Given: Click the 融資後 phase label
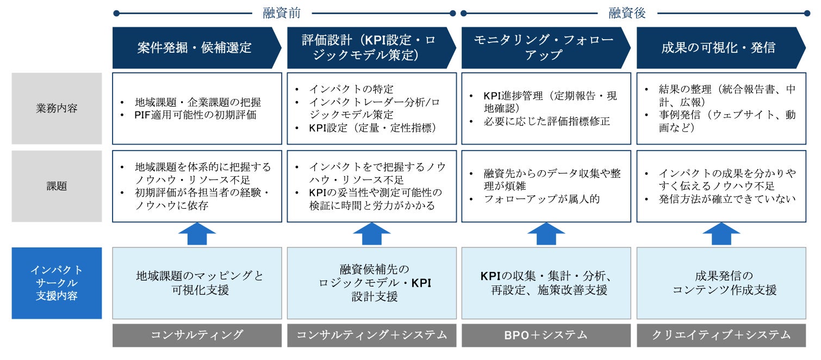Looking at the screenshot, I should [x=626, y=13].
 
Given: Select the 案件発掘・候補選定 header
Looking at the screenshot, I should [x=195, y=48].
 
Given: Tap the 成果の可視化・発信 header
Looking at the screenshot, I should [x=718, y=48].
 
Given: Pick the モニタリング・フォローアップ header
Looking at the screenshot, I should [x=543, y=48].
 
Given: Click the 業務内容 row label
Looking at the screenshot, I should [x=57, y=108].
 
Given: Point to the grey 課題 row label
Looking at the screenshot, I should [x=57, y=186].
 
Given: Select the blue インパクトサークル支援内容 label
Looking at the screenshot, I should [x=57, y=283].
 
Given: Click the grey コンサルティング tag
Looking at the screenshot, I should [x=197, y=335].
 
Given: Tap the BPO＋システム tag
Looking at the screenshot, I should [x=546, y=335].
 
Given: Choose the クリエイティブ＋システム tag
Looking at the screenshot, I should [x=721, y=335].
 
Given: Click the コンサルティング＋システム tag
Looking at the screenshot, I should [x=371, y=335].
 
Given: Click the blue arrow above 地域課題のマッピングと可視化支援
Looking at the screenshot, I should [x=197, y=234].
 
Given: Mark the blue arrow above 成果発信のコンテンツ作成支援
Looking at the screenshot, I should [x=721, y=234].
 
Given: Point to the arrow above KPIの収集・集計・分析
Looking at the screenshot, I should [x=546, y=234].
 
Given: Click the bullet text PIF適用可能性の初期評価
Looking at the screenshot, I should [x=196, y=115].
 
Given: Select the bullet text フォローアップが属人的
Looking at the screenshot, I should [x=542, y=199].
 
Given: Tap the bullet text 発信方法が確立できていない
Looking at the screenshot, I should [x=727, y=199].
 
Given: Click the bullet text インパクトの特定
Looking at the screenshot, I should [x=351, y=89].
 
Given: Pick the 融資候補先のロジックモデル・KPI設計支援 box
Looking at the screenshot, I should [x=371, y=283].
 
